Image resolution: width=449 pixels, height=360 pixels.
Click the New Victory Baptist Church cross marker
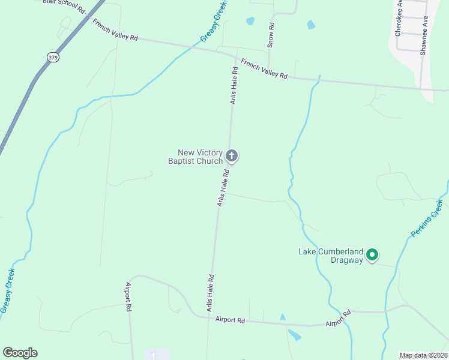click(232, 157)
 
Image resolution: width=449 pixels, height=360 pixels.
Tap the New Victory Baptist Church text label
click(196, 157)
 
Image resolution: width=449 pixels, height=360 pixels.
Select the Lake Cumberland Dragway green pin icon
click(372, 256)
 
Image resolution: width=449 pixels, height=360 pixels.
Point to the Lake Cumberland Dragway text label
click(332, 256)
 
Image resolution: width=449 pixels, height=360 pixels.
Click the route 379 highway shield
click(53, 57)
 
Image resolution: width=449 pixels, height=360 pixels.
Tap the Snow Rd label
click(271, 35)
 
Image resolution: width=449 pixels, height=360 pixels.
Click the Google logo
click(20, 353)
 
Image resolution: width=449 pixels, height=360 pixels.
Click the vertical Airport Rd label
click(128, 298)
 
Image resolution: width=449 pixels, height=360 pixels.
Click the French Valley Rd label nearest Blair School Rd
click(115, 29)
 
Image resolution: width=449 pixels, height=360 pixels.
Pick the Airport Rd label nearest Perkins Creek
click(338, 318)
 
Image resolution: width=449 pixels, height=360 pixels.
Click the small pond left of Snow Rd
click(250, 21)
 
